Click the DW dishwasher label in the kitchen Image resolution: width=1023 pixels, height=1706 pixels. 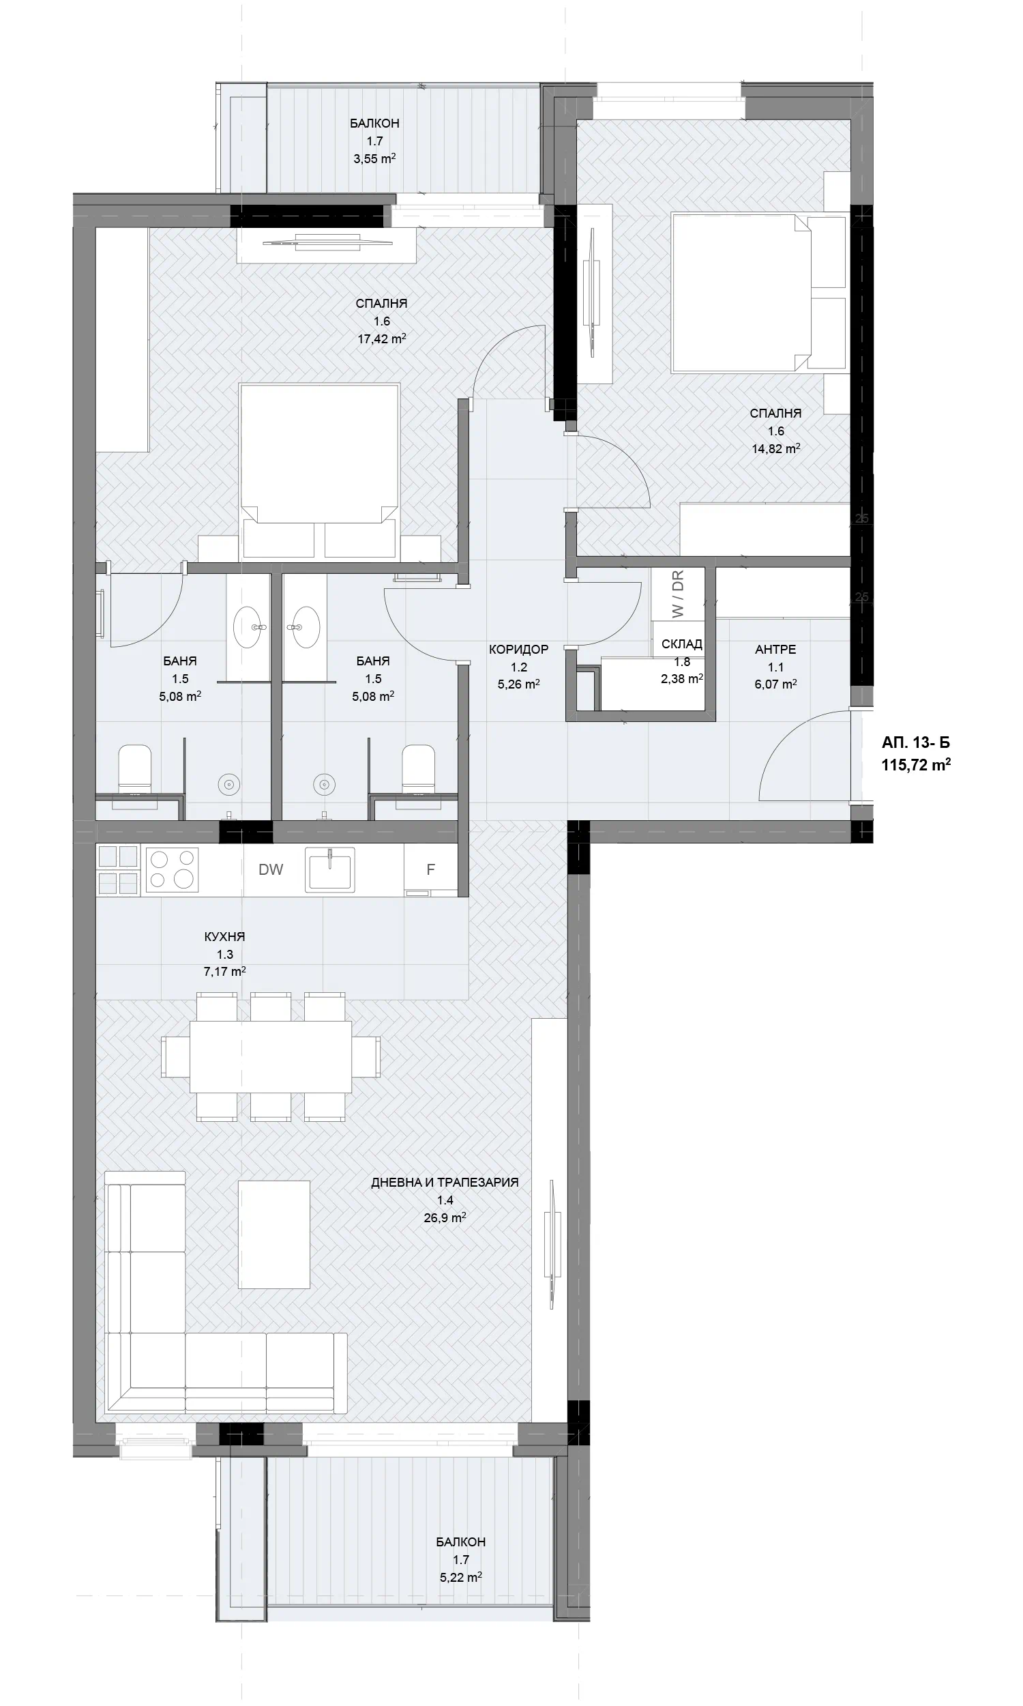click(x=271, y=869)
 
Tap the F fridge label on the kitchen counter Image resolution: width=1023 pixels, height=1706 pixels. click(x=431, y=869)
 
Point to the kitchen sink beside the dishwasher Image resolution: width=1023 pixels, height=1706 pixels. click(x=331, y=868)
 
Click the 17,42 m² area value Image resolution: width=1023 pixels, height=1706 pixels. click(x=381, y=338)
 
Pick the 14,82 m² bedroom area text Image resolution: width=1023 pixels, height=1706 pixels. click(x=775, y=449)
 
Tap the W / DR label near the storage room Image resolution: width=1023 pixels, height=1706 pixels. click(x=679, y=594)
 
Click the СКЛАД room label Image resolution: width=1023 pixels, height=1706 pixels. click(x=682, y=644)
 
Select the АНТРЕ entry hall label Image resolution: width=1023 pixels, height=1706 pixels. click(x=775, y=650)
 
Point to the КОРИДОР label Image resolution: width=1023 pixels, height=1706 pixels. click(x=518, y=650)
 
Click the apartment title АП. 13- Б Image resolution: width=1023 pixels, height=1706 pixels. click(x=915, y=742)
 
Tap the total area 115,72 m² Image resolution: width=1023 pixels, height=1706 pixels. click(x=916, y=764)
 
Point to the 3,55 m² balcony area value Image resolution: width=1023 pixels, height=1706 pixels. click(x=374, y=158)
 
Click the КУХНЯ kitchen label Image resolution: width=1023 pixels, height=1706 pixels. click(x=225, y=936)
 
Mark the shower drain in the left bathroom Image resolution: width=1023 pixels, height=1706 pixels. click(x=229, y=784)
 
